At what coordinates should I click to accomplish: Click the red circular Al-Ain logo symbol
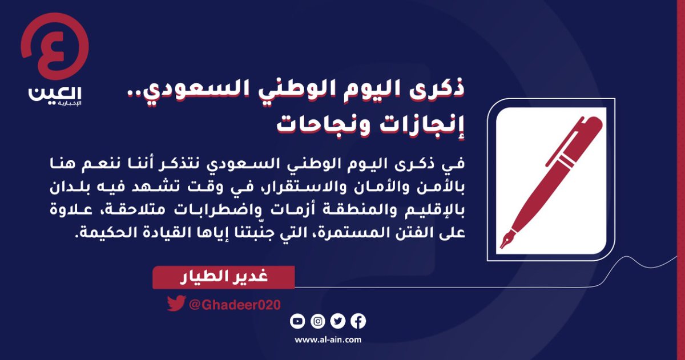55,48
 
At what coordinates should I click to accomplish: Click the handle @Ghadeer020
234,304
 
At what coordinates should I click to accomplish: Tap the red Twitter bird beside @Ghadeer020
175,304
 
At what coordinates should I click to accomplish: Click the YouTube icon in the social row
297,321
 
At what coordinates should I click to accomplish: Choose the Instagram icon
318,321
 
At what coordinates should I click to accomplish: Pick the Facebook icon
358,321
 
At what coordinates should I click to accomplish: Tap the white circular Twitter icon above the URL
338,321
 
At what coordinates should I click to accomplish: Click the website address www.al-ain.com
328,340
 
